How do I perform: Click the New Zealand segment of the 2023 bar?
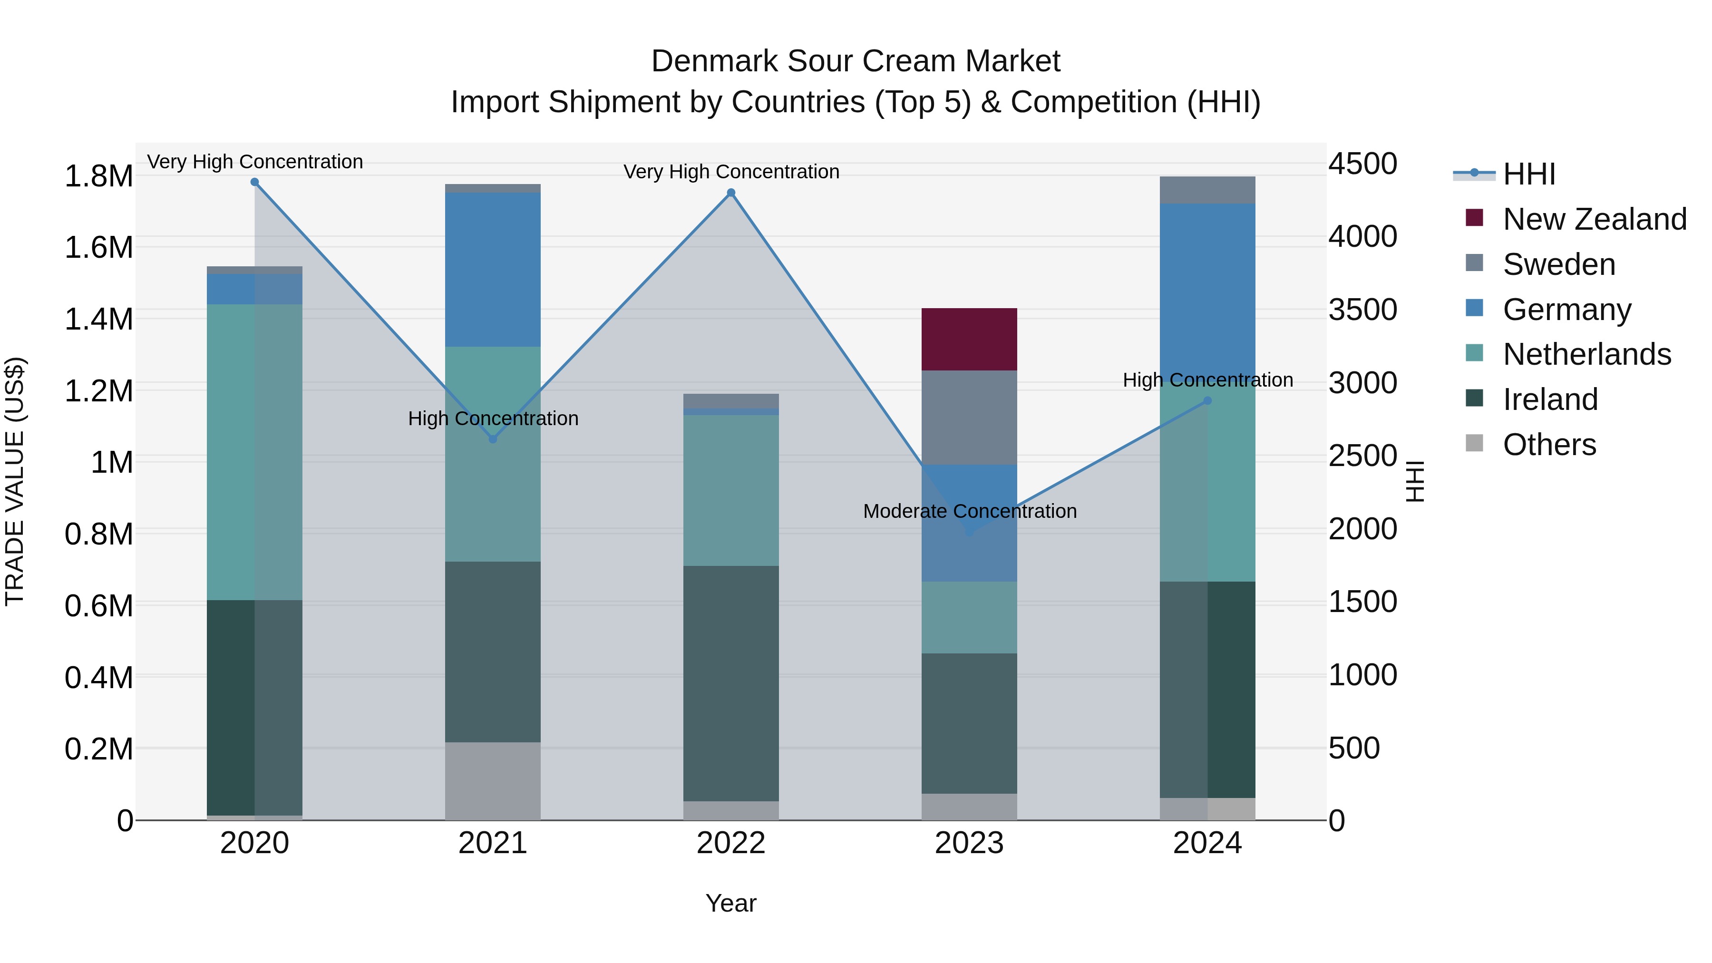[x=969, y=339]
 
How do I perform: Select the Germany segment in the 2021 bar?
[x=493, y=269]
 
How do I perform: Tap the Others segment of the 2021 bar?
[x=493, y=781]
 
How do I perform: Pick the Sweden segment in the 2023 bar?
[x=969, y=418]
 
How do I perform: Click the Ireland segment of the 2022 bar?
[x=731, y=683]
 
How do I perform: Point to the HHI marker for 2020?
[x=254, y=182]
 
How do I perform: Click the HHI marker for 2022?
[x=731, y=193]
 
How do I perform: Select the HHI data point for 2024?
[x=1207, y=401]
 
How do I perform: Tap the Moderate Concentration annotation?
[x=970, y=511]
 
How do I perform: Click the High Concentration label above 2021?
[x=493, y=418]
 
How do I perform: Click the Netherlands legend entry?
[x=1586, y=354]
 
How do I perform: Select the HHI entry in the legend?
[x=1528, y=174]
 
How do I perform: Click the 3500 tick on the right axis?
[x=1362, y=310]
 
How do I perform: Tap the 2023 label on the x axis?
[x=969, y=843]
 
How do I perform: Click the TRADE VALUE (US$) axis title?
[x=15, y=481]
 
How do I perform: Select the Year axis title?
[x=731, y=903]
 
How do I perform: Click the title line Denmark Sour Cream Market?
[x=856, y=61]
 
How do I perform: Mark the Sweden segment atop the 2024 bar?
[x=1207, y=190]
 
